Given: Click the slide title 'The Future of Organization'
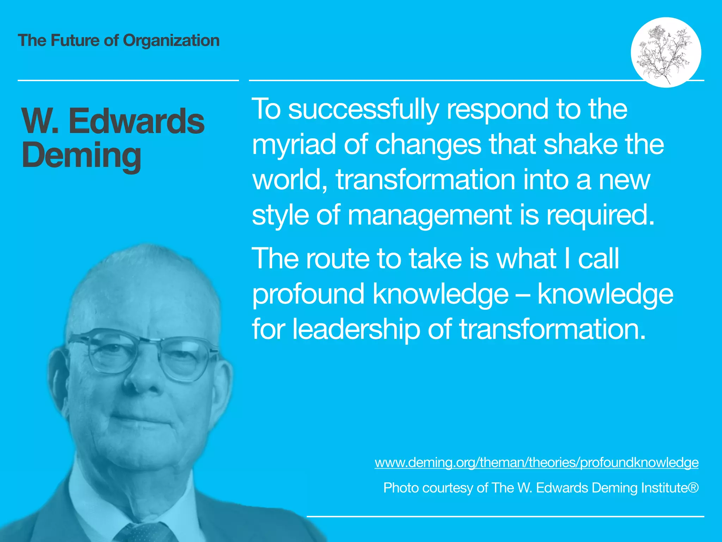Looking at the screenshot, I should [118, 41].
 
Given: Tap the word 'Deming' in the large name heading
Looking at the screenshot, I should [81, 156].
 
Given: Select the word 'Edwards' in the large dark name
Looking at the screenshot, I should [136, 121].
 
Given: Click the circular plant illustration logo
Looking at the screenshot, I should [666, 52].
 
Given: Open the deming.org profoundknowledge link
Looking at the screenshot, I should [536, 462].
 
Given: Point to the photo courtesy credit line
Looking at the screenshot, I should [541, 488].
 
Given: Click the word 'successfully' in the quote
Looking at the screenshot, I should [363, 109].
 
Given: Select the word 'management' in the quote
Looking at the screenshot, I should [430, 215].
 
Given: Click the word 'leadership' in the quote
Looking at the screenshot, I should [356, 329].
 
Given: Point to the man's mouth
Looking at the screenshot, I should [141, 420].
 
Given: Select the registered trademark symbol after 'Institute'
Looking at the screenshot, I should [693, 487].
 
